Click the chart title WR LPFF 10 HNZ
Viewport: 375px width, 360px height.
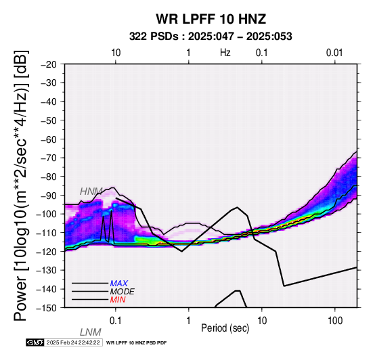point(211,19)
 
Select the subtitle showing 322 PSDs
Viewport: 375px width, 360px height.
point(211,37)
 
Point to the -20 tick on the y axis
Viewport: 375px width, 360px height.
point(49,64)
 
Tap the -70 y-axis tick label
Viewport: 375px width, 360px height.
point(49,158)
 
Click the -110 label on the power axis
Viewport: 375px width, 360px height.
point(47,233)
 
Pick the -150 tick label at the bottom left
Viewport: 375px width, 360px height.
point(47,308)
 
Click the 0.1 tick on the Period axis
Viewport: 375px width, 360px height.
point(116,321)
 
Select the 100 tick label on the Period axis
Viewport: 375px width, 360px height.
point(335,321)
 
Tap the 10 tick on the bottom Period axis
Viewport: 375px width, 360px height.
point(262,321)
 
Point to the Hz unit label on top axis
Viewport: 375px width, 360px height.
point(225,53)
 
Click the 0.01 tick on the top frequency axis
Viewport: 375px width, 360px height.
point(334,53)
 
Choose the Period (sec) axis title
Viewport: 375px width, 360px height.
point(225,328)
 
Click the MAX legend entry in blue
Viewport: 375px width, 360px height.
point(119,284)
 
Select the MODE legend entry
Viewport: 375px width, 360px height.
point(123,292)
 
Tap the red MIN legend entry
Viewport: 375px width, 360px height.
point(118,300)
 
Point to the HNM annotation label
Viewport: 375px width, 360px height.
point(91,192)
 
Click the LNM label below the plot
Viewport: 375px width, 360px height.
point(91,332)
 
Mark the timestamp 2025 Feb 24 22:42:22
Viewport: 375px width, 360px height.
point(73,342)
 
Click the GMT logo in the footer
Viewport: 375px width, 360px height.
point(35,342)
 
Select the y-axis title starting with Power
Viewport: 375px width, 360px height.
point(21,185)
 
